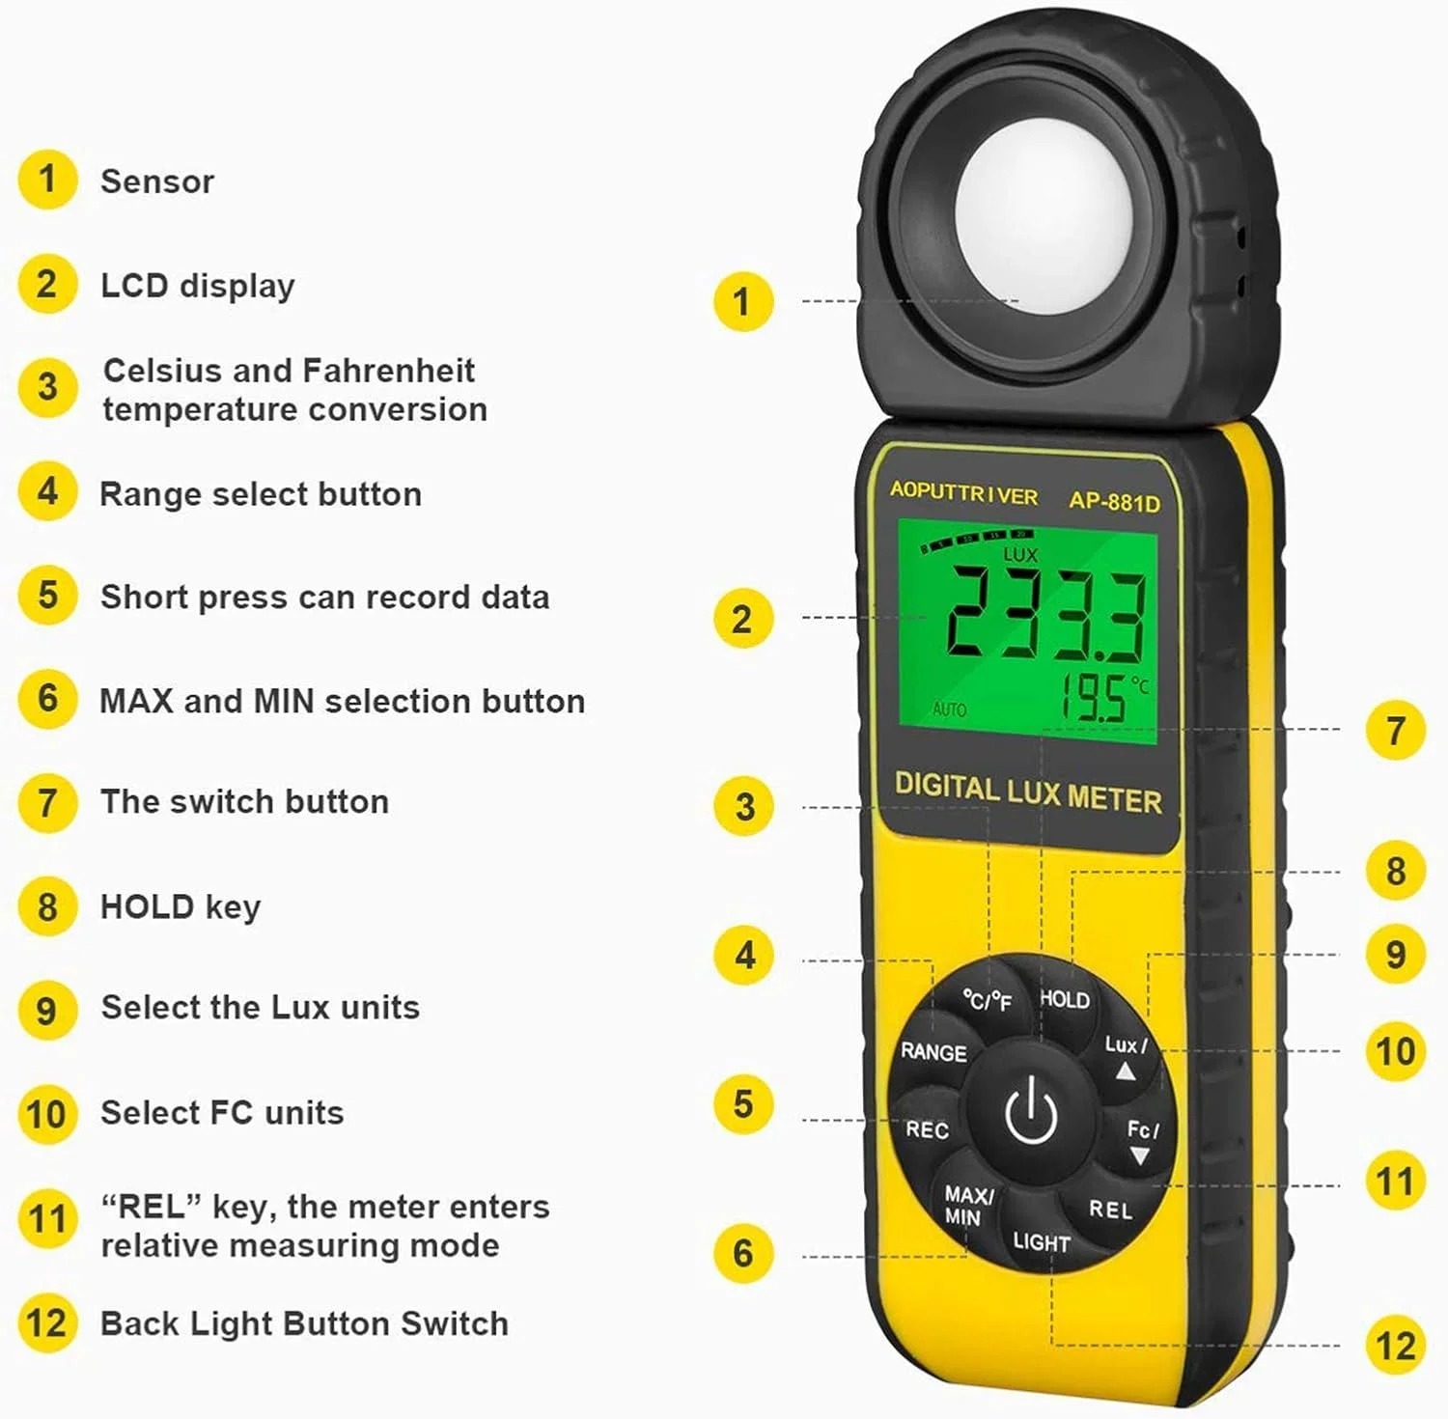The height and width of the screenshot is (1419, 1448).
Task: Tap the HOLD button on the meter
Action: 1064,1000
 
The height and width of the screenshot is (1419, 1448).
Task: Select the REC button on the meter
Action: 927,1129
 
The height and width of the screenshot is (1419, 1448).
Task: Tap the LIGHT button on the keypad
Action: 1041,1242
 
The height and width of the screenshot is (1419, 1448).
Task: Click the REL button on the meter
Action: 1110,1210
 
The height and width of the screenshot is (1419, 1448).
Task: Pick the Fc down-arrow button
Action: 1141,1141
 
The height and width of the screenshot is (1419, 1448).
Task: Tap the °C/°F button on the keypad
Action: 987,1001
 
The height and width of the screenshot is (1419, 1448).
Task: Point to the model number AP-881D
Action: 1114,502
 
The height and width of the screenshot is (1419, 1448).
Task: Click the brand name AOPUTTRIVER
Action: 963,493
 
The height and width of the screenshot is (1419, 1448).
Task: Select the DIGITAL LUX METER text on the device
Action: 1028,793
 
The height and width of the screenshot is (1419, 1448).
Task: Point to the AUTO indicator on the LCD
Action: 950,709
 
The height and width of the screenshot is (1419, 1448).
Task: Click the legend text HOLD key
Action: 181,907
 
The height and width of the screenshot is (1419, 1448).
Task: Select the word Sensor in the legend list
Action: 157,181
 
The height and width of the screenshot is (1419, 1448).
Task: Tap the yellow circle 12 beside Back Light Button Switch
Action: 46,1322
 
